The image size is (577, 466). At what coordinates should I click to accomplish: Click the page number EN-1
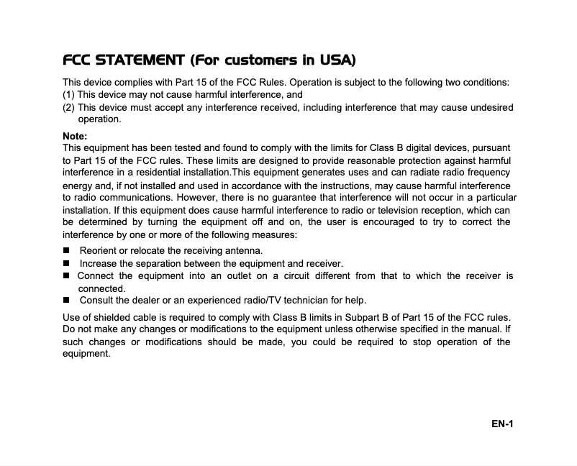point(502,424)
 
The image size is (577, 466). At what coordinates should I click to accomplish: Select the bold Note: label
point(76,136)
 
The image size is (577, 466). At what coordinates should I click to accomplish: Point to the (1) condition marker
point(69,95)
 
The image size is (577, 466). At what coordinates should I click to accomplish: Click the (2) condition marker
point(69,108)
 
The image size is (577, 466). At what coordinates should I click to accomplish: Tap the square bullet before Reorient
point(66,251)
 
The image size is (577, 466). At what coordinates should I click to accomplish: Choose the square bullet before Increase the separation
point(66,263)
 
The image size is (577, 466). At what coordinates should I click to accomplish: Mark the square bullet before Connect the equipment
point(66,276)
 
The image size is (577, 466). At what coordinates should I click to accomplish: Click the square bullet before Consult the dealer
point(66,301)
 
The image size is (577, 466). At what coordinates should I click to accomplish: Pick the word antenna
point(242,251)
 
